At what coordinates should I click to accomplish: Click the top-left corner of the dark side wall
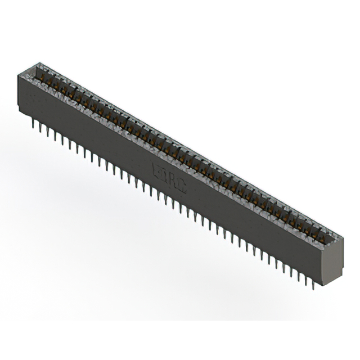tap(19, 75)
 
